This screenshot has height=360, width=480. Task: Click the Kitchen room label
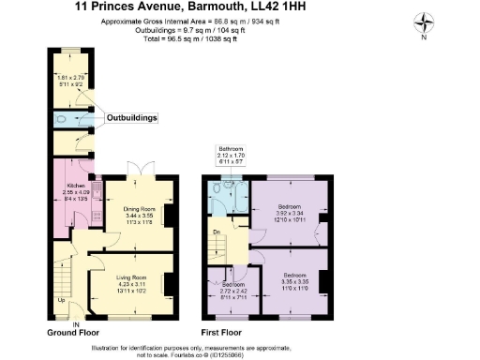pos(63,186)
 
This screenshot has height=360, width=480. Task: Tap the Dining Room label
pos(138,207)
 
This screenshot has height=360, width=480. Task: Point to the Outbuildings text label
pos(130,118)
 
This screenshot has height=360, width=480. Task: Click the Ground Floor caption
pos(74,333)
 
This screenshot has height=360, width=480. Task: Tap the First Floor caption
pos(221,333)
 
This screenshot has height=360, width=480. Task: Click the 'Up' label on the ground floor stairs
pos(62,301)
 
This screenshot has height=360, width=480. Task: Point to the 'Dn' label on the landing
pos(217,231)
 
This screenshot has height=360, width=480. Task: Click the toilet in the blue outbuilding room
pos(61,119)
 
